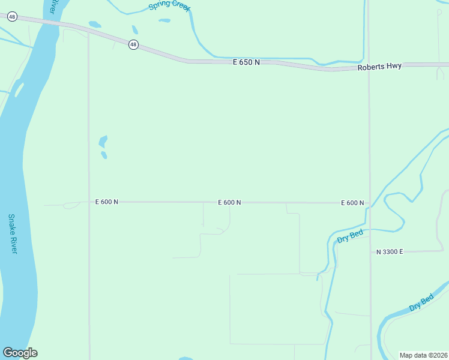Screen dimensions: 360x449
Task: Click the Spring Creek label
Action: (x=169, y=7)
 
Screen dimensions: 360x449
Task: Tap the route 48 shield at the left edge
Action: (x=12, y=17)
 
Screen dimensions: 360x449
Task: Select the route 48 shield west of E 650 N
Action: (x=133, y=44)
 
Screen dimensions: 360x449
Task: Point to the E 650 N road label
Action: (x=247, y=62)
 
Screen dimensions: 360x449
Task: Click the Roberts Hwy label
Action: (x=380, y=67)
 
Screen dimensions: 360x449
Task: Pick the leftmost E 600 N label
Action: (x=107, y=202)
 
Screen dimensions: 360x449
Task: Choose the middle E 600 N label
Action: (x=229, y=203)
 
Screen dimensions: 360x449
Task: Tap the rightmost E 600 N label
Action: (x=352, y=203)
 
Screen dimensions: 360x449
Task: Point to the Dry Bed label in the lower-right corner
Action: (x=421, y=303)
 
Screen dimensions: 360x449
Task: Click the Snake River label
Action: (x=12, y=233)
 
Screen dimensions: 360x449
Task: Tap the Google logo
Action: (x=20, y=353)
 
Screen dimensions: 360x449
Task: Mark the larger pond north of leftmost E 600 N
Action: (x=103, y=142)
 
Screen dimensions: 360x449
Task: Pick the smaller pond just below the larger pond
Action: (x=104, y=155)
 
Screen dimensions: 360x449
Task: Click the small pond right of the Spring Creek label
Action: (x=164, y=20)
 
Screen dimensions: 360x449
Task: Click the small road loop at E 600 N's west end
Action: (x=71, y=205)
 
